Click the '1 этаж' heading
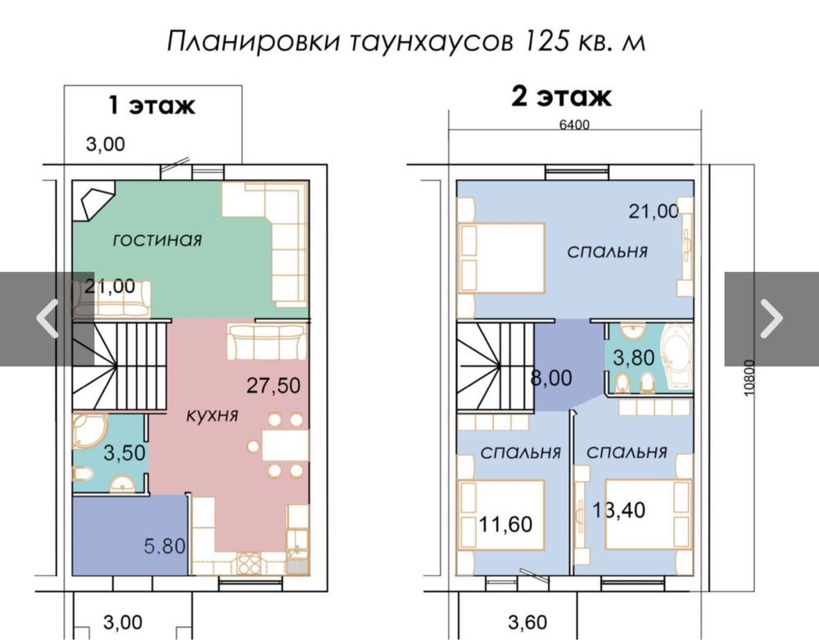(152, 105)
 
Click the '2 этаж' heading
(561, 97)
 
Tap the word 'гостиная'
(157, 240)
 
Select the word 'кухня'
(212, 415)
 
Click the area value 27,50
(274, 386)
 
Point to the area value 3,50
(124, 453)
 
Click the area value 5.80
(165, 546)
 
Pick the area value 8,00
(551, 377)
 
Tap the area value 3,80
(634, 358)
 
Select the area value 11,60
(505, 524)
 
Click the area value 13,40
(618, 510)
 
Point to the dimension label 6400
(574, 125)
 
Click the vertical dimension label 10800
(749, 378)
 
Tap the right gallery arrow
(771, 318)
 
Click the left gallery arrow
(47, 318)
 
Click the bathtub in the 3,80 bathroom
(676, 356)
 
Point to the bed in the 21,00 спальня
(501, 259)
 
